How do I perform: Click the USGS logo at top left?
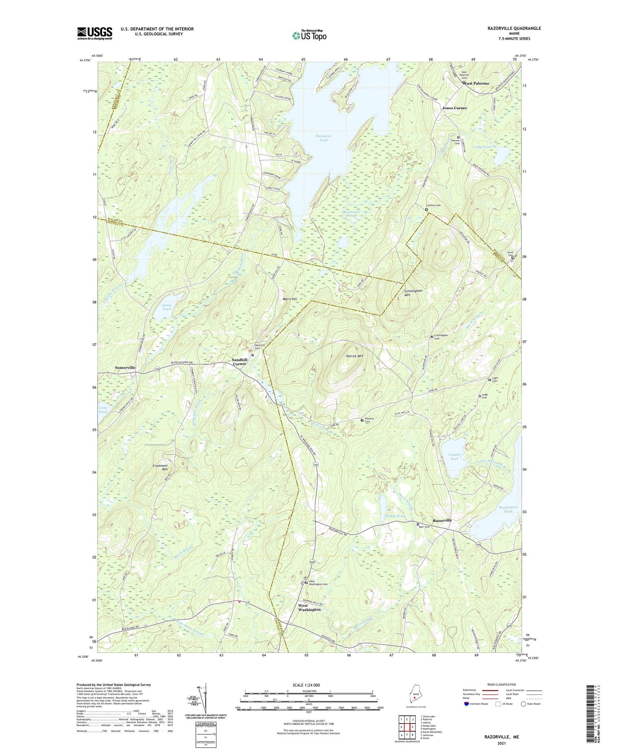click(95, 33)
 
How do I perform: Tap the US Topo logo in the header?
click(309, 35)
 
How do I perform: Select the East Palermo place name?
click(477, 83)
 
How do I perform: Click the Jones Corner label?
click(455, 108)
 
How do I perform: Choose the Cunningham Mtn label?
click(413, 293)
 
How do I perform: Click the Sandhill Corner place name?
click(239, 362)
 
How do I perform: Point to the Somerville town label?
click(125, 367)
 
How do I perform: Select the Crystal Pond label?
click(454, 457)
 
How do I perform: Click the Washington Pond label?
click(508, 509)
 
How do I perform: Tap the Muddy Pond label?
click(395, 516)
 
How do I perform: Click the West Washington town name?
click(309, 607)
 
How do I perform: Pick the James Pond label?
click(167, 307)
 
